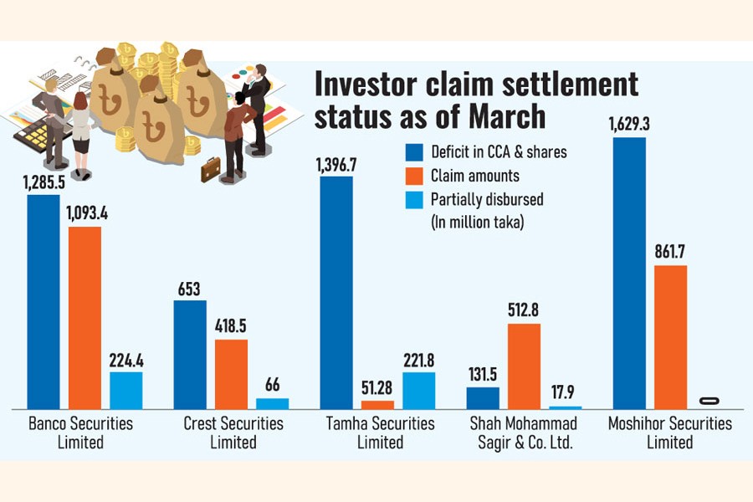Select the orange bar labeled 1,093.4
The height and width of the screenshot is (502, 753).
pos(85,317)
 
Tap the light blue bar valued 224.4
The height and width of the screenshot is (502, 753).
pos(126,390)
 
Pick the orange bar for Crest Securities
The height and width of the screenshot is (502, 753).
pos(231,373)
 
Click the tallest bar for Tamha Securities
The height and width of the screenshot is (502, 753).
pos(336,292)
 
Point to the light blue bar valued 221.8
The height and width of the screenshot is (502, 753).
pos(418,390)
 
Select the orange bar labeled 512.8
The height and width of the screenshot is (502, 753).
pos(524,366)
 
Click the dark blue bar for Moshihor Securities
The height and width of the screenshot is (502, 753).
pos(629,273)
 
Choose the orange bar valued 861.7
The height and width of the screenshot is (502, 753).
pos(670,336)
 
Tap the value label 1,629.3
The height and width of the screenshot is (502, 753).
pos(629,124)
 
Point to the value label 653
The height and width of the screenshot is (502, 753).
pos(190,288)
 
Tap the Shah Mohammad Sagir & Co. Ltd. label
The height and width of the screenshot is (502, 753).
pos(524,433)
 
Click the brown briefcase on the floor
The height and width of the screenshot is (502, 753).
pos(211,170)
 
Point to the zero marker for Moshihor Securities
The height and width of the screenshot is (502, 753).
pos(711,401)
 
